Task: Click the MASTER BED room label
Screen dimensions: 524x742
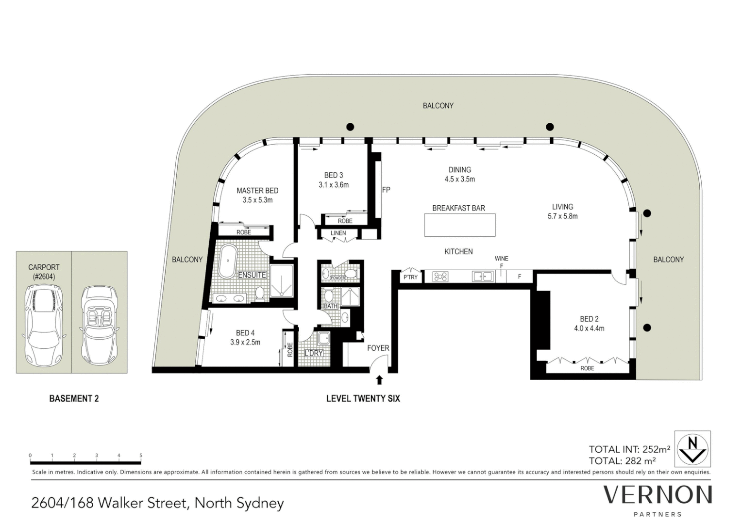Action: click(x=257, y=191)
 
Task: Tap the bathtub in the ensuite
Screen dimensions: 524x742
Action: click(x=227, y=261)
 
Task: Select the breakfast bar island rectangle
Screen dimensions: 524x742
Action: click(x=459, y=225)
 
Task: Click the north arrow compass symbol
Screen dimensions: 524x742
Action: click(x=692, y=449)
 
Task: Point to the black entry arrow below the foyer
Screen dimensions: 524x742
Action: click(x=379, y=380)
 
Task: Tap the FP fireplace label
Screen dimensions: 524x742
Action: click(x=386, y=190)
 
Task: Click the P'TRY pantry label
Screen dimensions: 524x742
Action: click(x=410, y=277)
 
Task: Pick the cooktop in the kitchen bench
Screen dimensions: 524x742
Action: click(x=440, y=277)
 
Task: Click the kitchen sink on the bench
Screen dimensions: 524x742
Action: click(x=483, y=277)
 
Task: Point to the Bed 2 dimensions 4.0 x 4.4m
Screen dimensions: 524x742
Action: click(x=589, y=328)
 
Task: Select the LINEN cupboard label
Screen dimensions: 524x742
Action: click(x=338, y=233)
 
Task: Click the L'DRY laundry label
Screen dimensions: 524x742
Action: click(x=313, y=353)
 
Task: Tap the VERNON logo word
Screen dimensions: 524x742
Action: click(x=658, y=495)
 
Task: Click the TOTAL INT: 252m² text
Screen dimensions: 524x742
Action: click(x=629, y=449)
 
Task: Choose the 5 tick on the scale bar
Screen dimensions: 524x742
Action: click(x=141, y=456)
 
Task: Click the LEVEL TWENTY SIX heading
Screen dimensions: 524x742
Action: click(x=363, y=399)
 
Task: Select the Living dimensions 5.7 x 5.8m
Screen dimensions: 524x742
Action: click(x=562, y=216)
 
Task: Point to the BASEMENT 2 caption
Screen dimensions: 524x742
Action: click(x=74, y=399)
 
